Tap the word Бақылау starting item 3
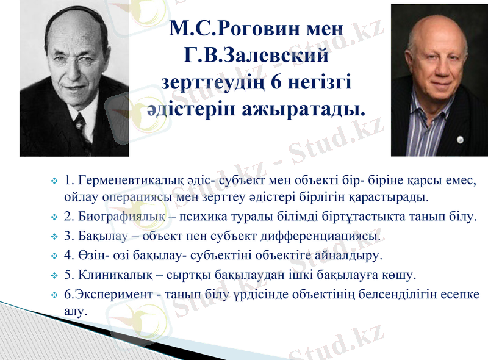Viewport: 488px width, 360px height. [101, 235]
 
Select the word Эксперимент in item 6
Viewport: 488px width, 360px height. [113, 294]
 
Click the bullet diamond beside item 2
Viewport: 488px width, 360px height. [54, 217]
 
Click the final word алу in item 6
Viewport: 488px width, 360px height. [76, 310]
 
